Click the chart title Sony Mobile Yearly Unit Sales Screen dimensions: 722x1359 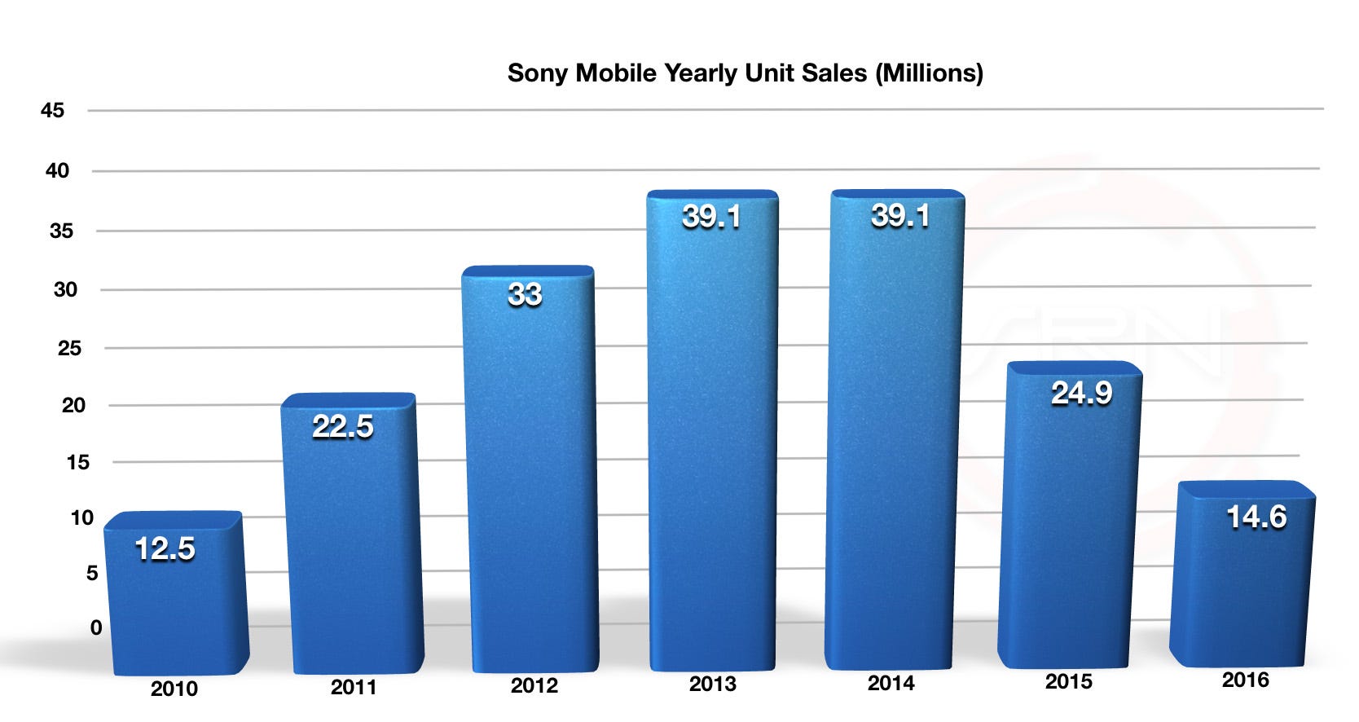point(744,73)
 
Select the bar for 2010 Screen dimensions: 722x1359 point(175,603)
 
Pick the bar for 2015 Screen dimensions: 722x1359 point(1069,530)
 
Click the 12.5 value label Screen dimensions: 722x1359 point(165,549)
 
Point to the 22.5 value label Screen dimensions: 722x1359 point(343,426)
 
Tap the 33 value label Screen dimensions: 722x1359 point(525,294)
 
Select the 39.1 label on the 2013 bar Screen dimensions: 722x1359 point(711,217)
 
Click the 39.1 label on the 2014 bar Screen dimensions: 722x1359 point(899,216)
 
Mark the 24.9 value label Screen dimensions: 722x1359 point(1081,394)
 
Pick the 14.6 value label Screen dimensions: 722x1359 point(1256,517)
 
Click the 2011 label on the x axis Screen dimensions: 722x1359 point(354,687)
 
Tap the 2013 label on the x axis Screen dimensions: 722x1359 point(712,684)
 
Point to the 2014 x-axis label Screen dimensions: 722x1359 point(891,683)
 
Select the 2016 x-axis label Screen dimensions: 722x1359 point(1245,680)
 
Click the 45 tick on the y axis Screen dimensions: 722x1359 point(52,110)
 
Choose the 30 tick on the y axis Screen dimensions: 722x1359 point(65,289)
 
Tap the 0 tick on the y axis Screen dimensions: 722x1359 point(96,627)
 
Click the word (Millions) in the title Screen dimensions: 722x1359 point(929,73)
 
